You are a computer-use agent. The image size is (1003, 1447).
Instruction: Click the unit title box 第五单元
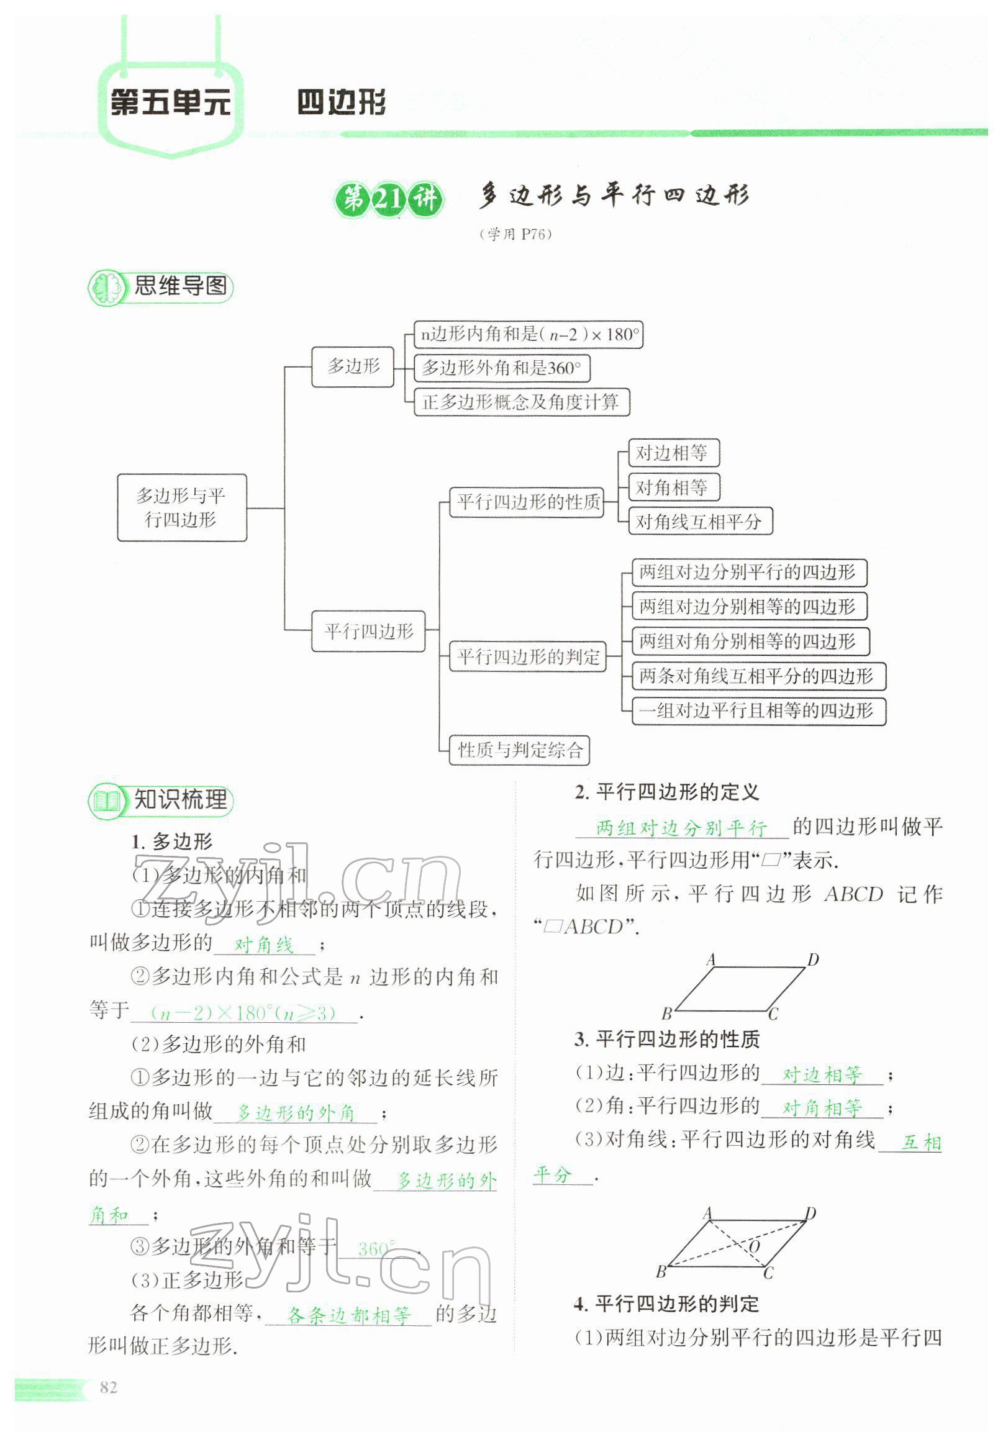(x=170, y=102)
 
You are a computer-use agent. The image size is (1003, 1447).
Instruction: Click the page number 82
(x=109, y=1387)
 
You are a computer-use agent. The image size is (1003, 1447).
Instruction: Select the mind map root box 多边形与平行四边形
(x=181, y=507)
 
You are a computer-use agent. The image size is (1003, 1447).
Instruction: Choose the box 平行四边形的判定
(x=528, y=657)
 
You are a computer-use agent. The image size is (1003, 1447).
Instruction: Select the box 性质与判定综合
(x=520, y=750)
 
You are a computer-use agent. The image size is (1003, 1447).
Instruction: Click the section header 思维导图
(x=179, y=286)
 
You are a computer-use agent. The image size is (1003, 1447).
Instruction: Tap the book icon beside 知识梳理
(x=106, y=801)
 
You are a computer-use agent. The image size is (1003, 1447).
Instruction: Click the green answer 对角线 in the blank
(x=264, y=945)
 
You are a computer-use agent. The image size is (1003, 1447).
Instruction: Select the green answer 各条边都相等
(x=348, y=1315)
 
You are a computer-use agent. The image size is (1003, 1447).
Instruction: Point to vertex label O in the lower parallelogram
(x=754, y=1246)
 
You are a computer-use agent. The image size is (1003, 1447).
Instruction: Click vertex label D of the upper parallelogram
(x=812, y=959)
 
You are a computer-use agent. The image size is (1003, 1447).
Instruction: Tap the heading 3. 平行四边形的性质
(x=667, y=1039)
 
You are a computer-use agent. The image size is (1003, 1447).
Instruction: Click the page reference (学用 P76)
(x=515, y=234)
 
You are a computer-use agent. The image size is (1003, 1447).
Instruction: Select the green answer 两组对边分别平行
(x=681, y=828)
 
